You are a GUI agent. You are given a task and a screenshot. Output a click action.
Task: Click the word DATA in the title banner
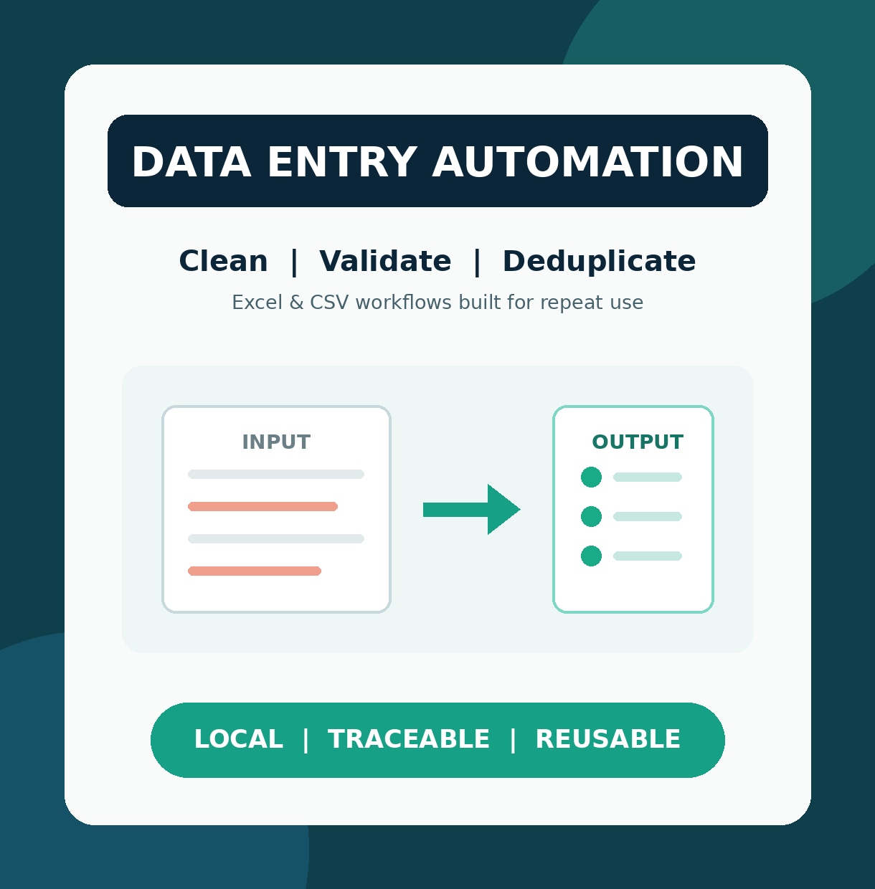pos(191,161)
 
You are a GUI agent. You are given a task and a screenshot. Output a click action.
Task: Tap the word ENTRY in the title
pos(343,161)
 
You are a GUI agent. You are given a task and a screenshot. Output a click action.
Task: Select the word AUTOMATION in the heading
pos(587,161)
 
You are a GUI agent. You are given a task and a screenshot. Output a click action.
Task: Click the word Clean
pos(224,261)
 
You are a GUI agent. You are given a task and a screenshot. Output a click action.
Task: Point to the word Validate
pos(385,261)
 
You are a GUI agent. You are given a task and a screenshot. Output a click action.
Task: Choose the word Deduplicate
pos(599,262)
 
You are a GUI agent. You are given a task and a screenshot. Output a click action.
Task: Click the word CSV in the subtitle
pos(329,303)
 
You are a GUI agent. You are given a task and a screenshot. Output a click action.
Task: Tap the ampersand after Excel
pos(296,303)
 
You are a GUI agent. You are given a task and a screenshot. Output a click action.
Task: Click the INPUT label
pos(277,442)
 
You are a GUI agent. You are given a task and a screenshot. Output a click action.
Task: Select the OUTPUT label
pos(638,442)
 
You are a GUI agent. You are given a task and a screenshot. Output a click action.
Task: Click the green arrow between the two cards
pos(472,509)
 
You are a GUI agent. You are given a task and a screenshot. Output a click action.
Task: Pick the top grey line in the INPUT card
pos(276,475)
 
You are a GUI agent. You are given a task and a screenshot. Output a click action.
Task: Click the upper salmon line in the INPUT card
pos(262,507)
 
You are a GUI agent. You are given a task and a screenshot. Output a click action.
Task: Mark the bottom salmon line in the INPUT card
pos(255,571)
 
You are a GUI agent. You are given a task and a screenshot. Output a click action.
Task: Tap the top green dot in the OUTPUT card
pos(591,477)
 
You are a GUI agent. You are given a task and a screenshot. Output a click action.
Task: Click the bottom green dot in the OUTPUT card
pos(591,556)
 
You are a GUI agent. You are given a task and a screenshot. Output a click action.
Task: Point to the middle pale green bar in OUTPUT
pos(648,516)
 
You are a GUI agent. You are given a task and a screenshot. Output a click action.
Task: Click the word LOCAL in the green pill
pos(239,739)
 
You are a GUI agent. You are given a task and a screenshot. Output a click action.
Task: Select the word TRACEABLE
pos(409,739)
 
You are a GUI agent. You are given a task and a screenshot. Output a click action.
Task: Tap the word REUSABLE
pos(608,739)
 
